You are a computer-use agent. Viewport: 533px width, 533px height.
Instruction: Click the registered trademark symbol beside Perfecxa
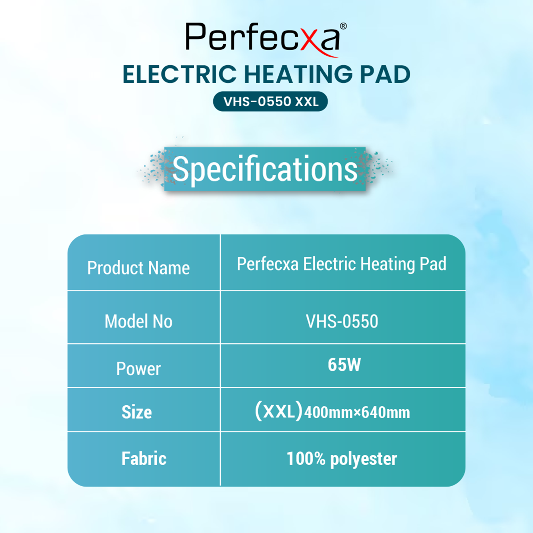(x=343, y=26)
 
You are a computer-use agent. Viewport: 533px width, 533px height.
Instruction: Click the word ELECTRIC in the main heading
(x=180, y=74)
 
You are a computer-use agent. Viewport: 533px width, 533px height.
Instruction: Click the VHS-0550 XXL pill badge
(x=270, y=101)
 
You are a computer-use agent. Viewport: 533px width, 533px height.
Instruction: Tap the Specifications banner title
(x=265, y=169)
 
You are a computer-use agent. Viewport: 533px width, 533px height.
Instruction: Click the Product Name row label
(x=138, y=268)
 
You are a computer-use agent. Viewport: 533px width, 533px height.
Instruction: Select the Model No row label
(x=138, y=322)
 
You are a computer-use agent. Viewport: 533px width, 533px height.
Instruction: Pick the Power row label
(x=138, y=369)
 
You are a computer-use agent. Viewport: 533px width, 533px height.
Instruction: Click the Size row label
(x=137, y=412)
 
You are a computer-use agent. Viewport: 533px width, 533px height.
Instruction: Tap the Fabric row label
(x=144, y=459)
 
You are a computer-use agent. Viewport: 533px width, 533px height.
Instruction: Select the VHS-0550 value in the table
(x=342, y=322)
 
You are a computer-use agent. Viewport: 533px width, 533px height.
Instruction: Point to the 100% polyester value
(x=342, y=459)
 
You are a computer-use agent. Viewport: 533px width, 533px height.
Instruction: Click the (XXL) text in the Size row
(x=279, y=412)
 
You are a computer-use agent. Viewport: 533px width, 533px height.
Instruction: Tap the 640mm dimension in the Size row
(x=386, y=412)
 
